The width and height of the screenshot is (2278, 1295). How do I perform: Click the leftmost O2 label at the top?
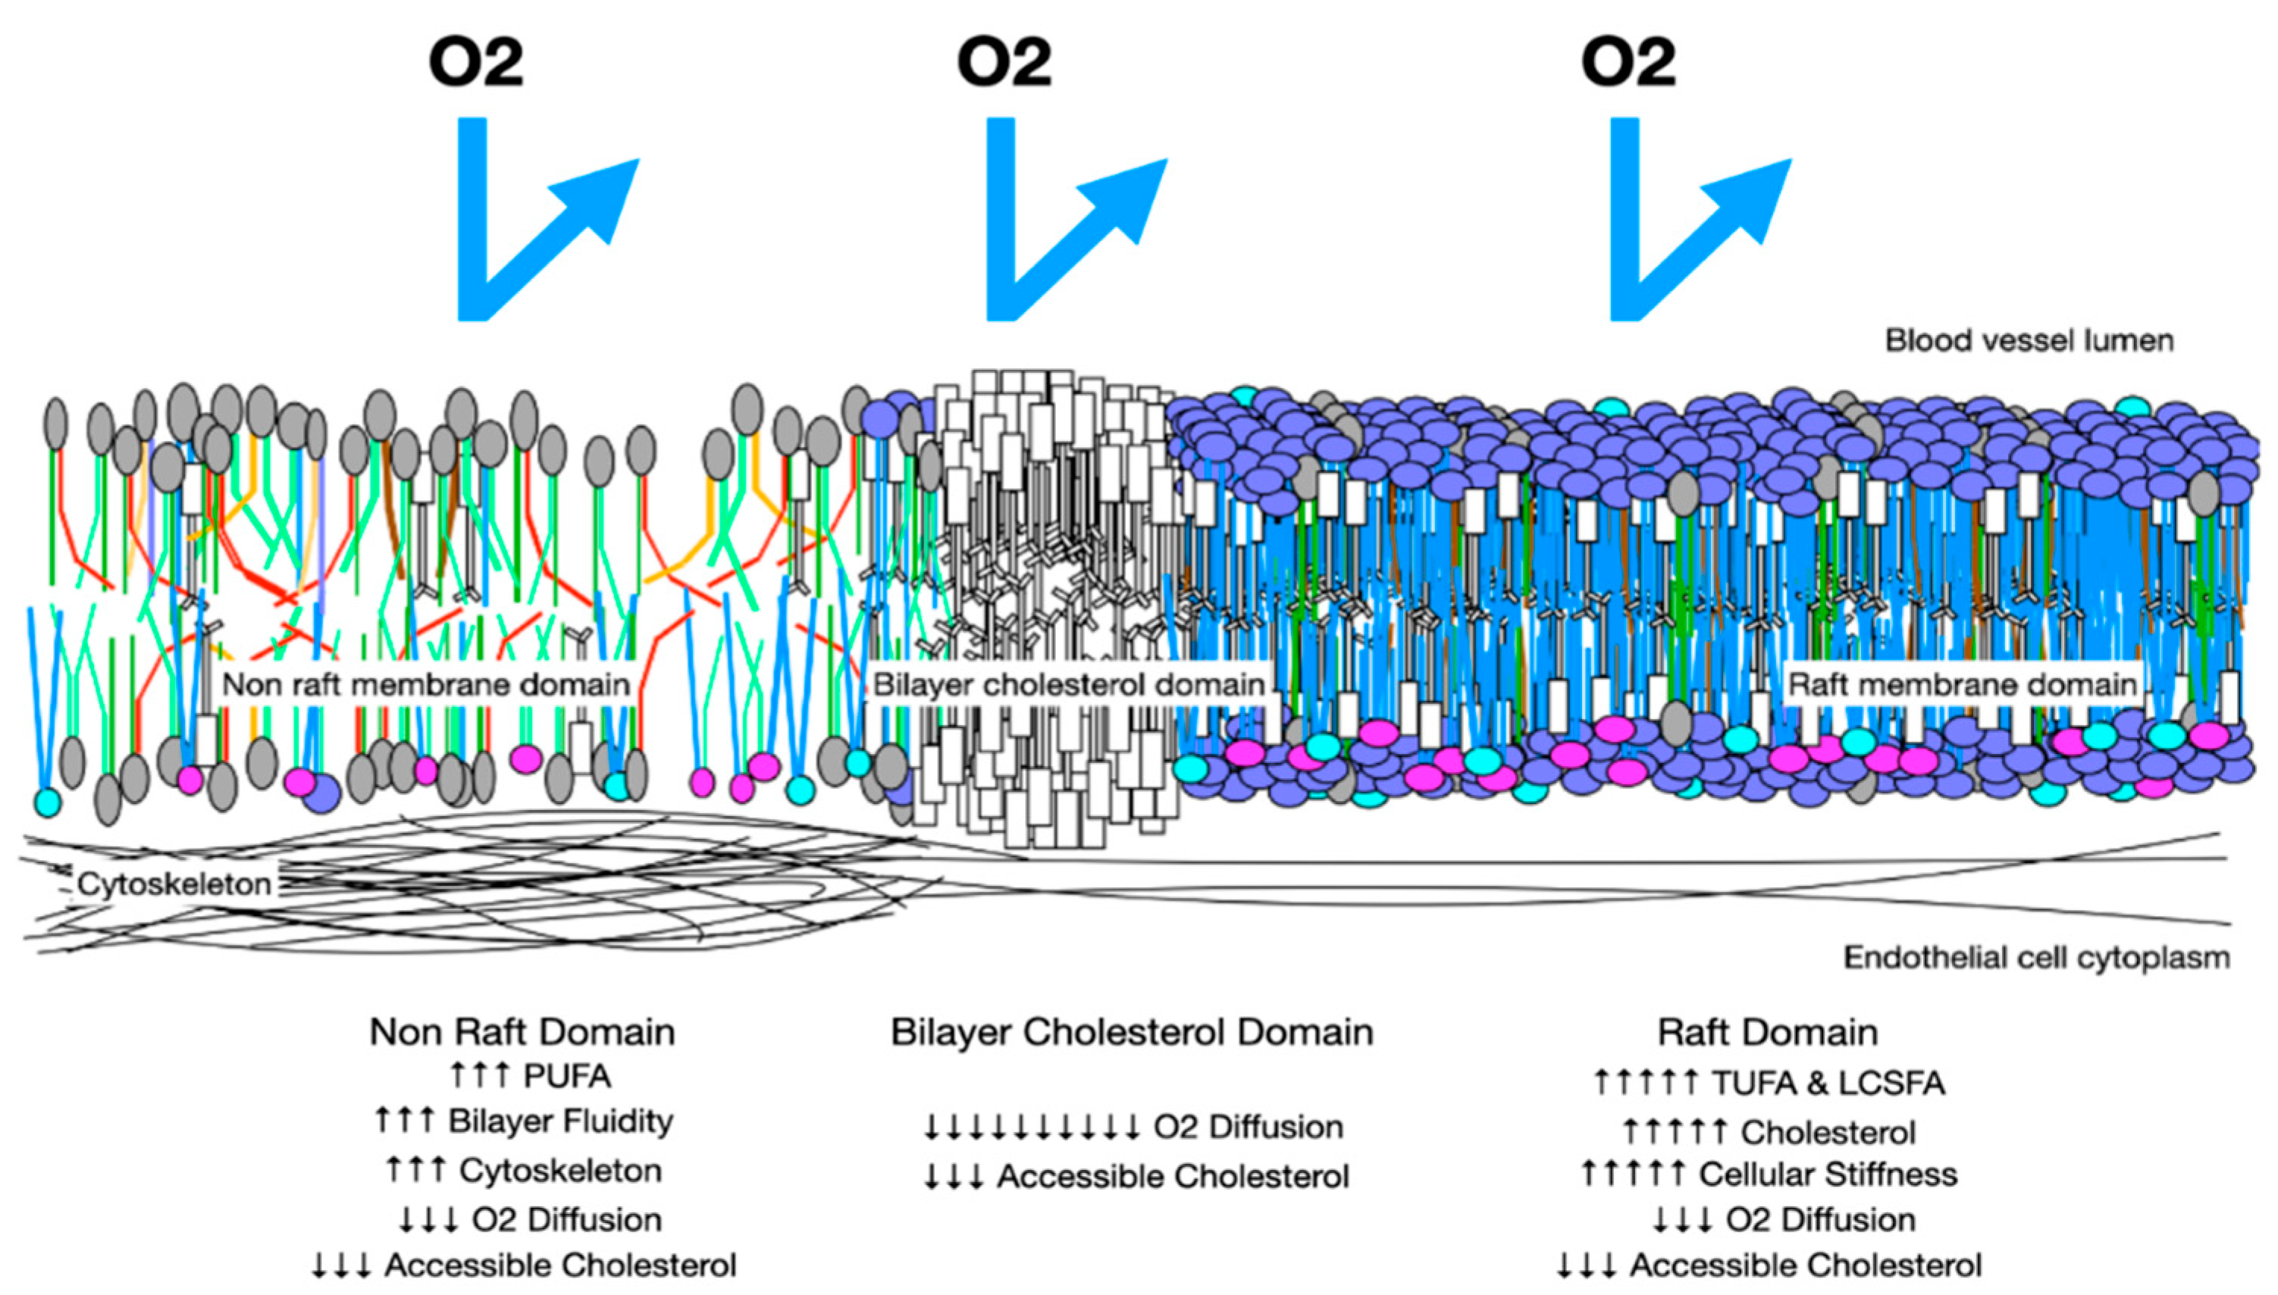476,62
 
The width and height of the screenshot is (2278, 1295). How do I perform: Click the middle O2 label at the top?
1004,62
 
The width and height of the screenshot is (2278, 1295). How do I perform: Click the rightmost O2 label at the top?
1628,62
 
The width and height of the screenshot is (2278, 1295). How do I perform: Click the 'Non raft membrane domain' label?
426,685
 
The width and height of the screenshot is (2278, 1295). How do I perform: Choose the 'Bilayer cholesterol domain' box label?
1068,685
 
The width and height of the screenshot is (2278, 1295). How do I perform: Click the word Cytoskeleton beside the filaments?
174,884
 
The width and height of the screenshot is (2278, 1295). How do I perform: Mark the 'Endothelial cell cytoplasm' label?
2036,958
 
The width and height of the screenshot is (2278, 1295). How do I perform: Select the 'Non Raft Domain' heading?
522,1033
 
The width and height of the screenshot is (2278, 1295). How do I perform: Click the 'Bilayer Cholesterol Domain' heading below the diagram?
1132,1033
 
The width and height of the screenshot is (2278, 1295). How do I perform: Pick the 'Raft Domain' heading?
1767,1033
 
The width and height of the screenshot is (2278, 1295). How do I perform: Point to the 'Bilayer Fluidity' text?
560,1121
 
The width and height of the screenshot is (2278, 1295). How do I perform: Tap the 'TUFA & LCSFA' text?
1828,1084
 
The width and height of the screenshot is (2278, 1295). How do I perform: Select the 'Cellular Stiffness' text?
1828,1174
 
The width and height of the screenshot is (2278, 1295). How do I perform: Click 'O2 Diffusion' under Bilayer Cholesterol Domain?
1248,1128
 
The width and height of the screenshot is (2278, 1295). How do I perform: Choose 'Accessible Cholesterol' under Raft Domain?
1806,1265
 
